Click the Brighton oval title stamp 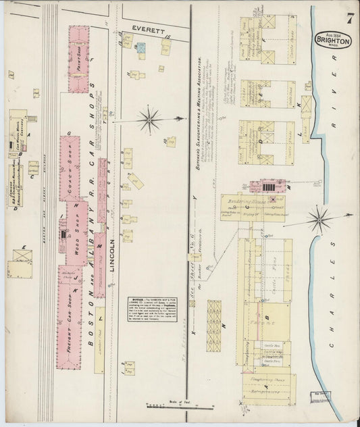click(x=334, y=40)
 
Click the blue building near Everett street click(x=141, y=48)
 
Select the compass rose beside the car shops click(x=149, y=120)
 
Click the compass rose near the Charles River click(x=318, y=219)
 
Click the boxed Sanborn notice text click(x=152, y=308)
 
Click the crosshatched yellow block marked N click(x=214, y=326)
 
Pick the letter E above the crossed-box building click(x=24, y=247)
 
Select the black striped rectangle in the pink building click(x=267, y=186)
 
